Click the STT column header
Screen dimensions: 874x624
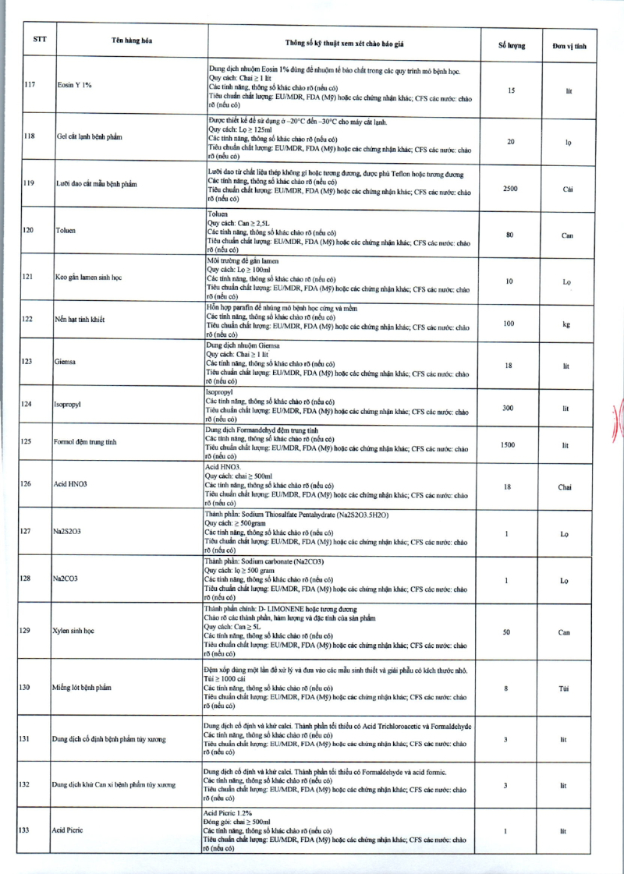(x=39, y=38)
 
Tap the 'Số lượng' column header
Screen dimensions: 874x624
(x=511, y=45)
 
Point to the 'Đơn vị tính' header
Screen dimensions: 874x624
(x=569, y=45)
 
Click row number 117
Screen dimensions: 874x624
(x=29, y=84)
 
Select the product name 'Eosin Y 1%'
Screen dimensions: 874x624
(x=75, y=84)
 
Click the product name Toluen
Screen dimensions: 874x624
(x=66, y=231)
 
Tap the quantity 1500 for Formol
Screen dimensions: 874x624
(x=508, y=444)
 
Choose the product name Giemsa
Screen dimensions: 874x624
(x=65, y=362)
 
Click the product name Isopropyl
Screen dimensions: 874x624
(x=67, y=405)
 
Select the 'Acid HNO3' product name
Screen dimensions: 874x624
(x=70, y=484)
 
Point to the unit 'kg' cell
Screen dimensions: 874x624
(x=567, y=324)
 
